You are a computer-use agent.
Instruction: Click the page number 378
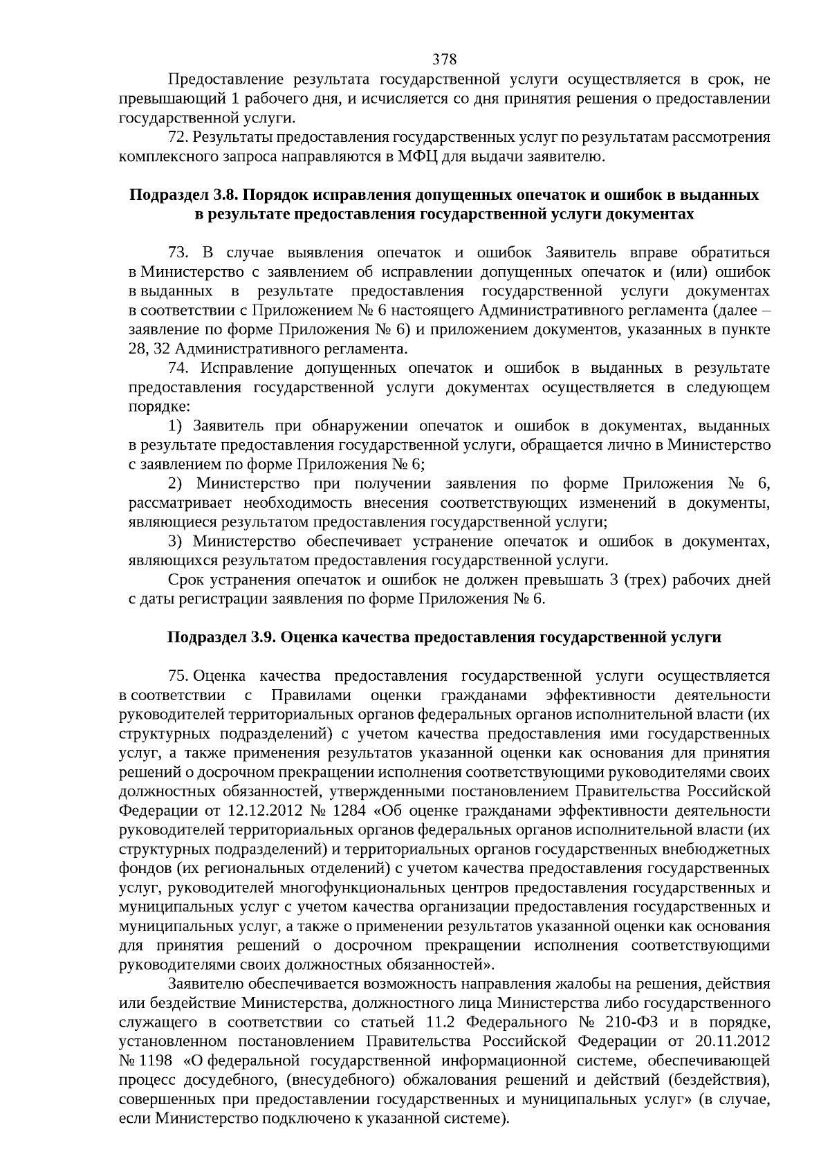click(444, 59)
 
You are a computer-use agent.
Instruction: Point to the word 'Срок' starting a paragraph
click(183, 579)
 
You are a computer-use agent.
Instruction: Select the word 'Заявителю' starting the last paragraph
click(201, 984)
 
